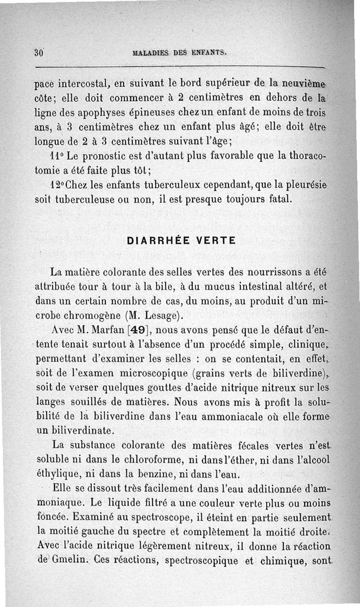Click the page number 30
39,52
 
